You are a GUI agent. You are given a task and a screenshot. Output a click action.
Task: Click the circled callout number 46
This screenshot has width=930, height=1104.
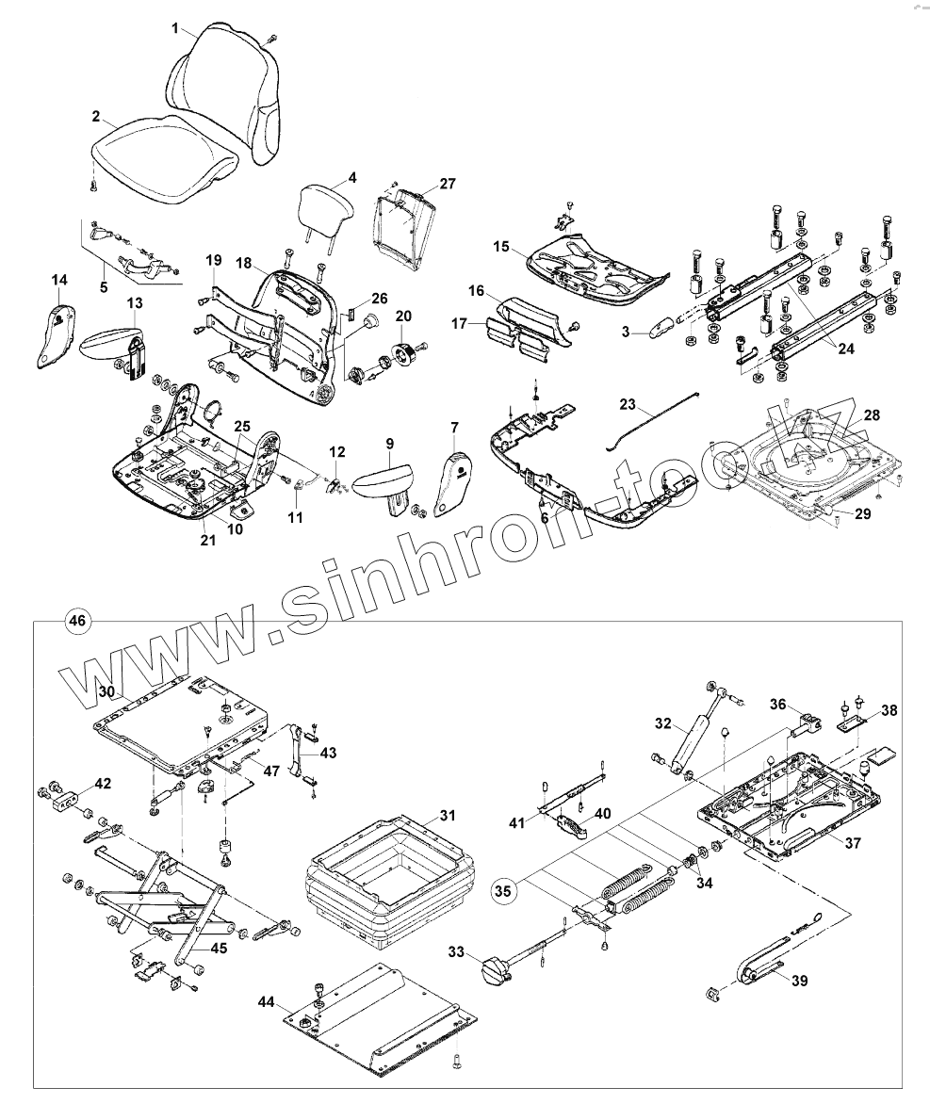77,621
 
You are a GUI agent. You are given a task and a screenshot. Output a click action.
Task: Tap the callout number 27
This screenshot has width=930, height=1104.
447,184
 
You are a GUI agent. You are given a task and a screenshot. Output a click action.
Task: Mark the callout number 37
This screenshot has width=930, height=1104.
852,843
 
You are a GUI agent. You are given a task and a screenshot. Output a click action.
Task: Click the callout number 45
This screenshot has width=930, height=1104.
218,948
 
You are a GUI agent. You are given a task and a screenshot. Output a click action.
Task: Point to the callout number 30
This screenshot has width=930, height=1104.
106,690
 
